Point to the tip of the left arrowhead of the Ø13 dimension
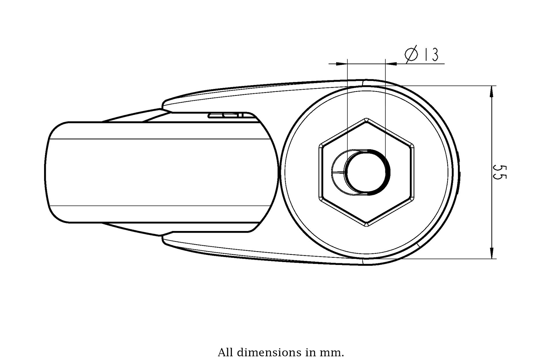(x=347, y=64)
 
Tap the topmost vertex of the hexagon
(x=366, y=118)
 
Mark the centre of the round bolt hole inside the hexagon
(x=366, y=172)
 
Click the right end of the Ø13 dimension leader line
(x=444, y=64)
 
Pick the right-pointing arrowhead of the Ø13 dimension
(x=391, y=64)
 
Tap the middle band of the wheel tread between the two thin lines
(x=161, y=172)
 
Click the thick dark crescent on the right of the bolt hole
(x=384, y=172)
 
